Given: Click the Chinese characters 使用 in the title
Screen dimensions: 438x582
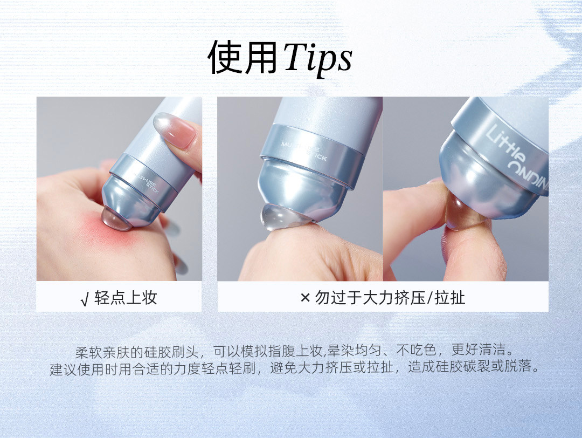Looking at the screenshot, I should pyautogui.click(x=242, y=57).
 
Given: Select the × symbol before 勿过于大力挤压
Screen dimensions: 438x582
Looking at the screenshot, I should pyautogui.click(x=305, y=297).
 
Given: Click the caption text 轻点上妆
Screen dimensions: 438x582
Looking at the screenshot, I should pyautogui.click(x=126, y=297).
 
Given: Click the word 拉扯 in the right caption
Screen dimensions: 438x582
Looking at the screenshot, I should pyautogui.click(x=450, y=297).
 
